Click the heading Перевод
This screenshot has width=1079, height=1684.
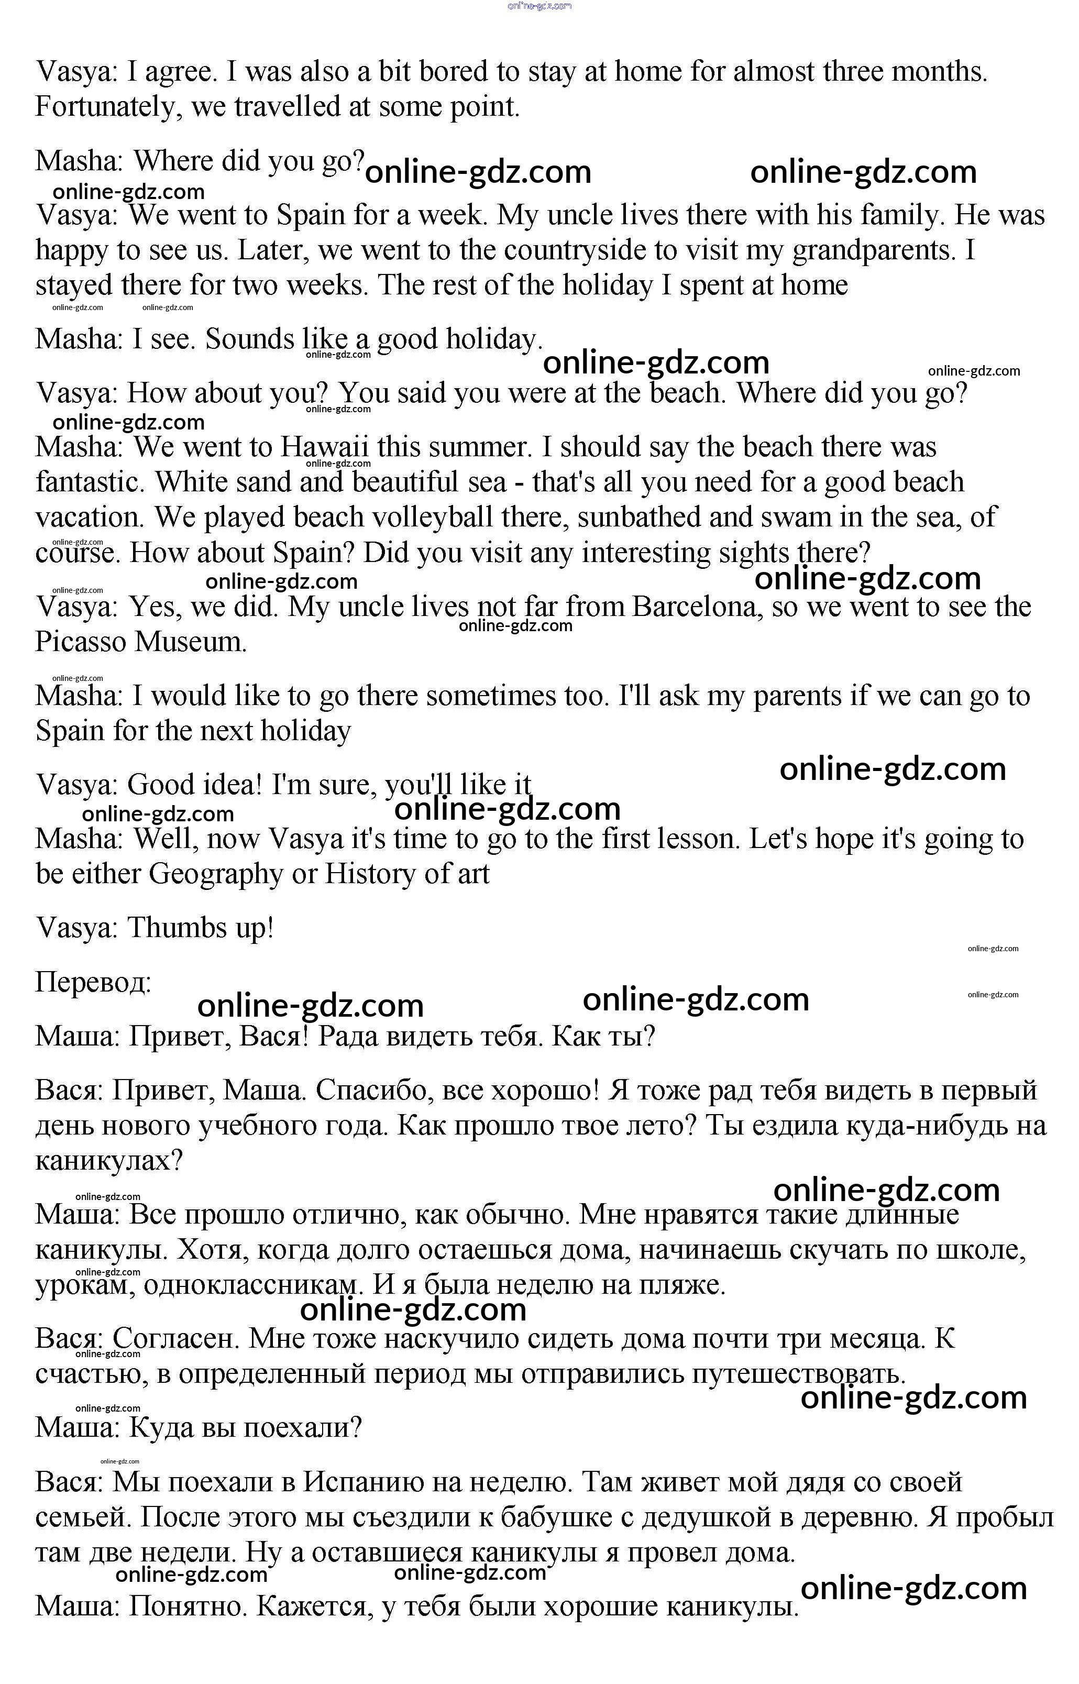[x=93, y=982]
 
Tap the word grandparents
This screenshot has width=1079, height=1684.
[x=874, y=250]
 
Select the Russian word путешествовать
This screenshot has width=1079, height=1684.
[x=798, y=1374]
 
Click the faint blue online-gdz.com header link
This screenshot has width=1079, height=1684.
[x=539, y=6]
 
